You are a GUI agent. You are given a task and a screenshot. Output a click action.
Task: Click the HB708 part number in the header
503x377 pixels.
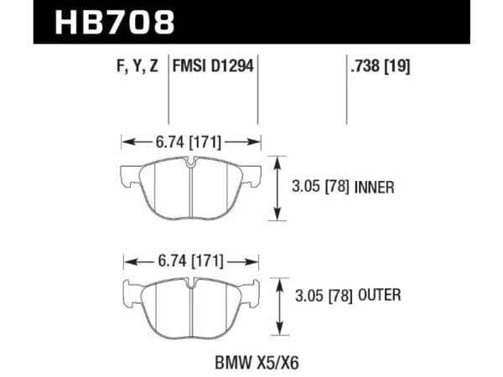[114, 22]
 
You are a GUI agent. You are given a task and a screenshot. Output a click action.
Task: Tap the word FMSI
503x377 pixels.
[192, 66]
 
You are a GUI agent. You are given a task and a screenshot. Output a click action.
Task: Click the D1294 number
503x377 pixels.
[235, 66]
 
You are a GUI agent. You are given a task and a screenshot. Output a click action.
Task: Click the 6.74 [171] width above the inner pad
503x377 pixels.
[189, 142]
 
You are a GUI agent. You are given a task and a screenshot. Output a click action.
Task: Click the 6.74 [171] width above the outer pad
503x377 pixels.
[189, 261]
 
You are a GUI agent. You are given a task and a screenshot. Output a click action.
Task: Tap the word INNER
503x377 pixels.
[374, 188]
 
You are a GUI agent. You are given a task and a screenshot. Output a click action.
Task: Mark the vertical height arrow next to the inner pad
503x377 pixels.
[277, 188]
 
